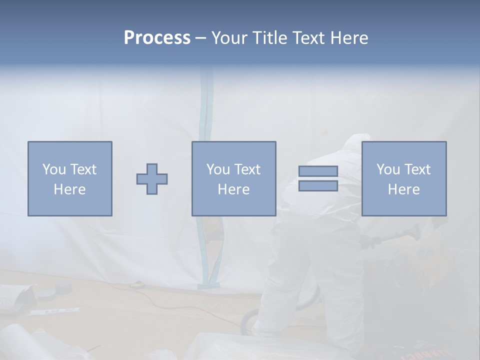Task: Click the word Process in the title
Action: (x=157, y=37)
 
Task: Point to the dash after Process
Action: (x=201, y=38)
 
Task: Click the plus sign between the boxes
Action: (x=152, y=179)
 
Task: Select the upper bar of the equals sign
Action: (x=318, y=171)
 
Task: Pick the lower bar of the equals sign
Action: (x=318, y=186)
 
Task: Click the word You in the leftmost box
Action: (x=53, y=169)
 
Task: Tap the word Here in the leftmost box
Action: (x=69, y=189)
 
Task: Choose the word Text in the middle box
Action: (x=247, y=169)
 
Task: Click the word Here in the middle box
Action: (x=233, y=189)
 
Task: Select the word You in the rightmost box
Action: (x=388, y=169)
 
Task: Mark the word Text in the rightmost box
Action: (x=417, y=169)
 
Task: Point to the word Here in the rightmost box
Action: (x=403, y=189)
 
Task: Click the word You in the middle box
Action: (x=218, y=169)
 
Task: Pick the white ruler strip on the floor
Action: (x=54, y=311)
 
